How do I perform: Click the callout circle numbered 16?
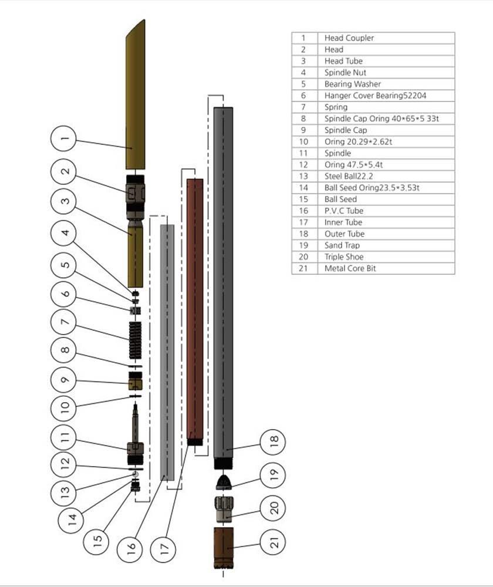click(x=131, y=547)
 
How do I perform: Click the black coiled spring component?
click(x=136, y=340)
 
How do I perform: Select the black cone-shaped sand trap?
click(x=223, y=483)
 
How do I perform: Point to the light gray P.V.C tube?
click(x=167, y=352)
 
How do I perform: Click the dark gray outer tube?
click(x=223, y=282)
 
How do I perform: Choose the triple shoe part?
click(x=223, y=508)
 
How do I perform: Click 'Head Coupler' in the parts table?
click(x=349, y=38)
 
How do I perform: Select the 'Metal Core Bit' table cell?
click(x=350, y=268)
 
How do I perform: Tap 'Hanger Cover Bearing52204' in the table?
click(x=372, y=96)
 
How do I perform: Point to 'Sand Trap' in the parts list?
click(x=342, y=245)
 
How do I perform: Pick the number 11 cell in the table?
click(x=303, y=153)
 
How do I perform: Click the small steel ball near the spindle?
click(x=135, y=473)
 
